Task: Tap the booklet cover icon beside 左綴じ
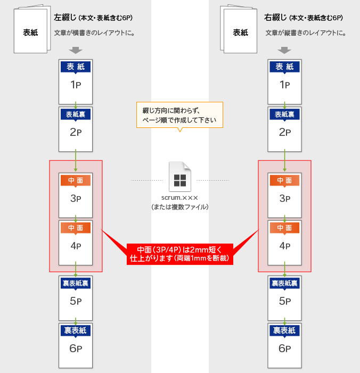[x=32, y=29]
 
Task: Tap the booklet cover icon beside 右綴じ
[x=239, y=29]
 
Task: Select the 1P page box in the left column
[x=76, y=82]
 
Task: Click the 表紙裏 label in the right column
[x=284, y=115]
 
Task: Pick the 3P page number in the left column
[x=76, y=198]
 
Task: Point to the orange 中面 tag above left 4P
[x=76, y=228]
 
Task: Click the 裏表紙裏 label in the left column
[x=76, y=283]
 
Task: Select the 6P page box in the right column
[x=284, y=345]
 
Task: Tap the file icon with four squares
[x=180, y=176]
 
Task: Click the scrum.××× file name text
[x=180, y=198]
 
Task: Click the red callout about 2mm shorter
[x=180, y=254]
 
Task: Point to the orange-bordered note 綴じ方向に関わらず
[x=180, y=115]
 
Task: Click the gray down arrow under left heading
[x=76, y=50]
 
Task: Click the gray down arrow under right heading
[x=284, y=50]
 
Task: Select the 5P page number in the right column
[x=284, y=301]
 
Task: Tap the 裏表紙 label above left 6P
[x=76, y=330]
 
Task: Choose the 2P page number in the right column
[x=284, y=132]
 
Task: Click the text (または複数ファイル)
[x=180, y=207]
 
